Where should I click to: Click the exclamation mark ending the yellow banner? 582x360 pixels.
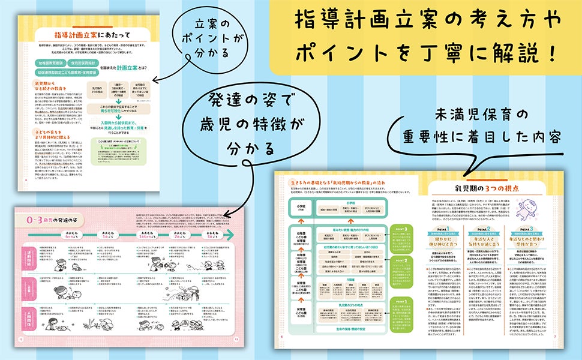551,52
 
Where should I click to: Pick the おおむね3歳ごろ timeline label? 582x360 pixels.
227,233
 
